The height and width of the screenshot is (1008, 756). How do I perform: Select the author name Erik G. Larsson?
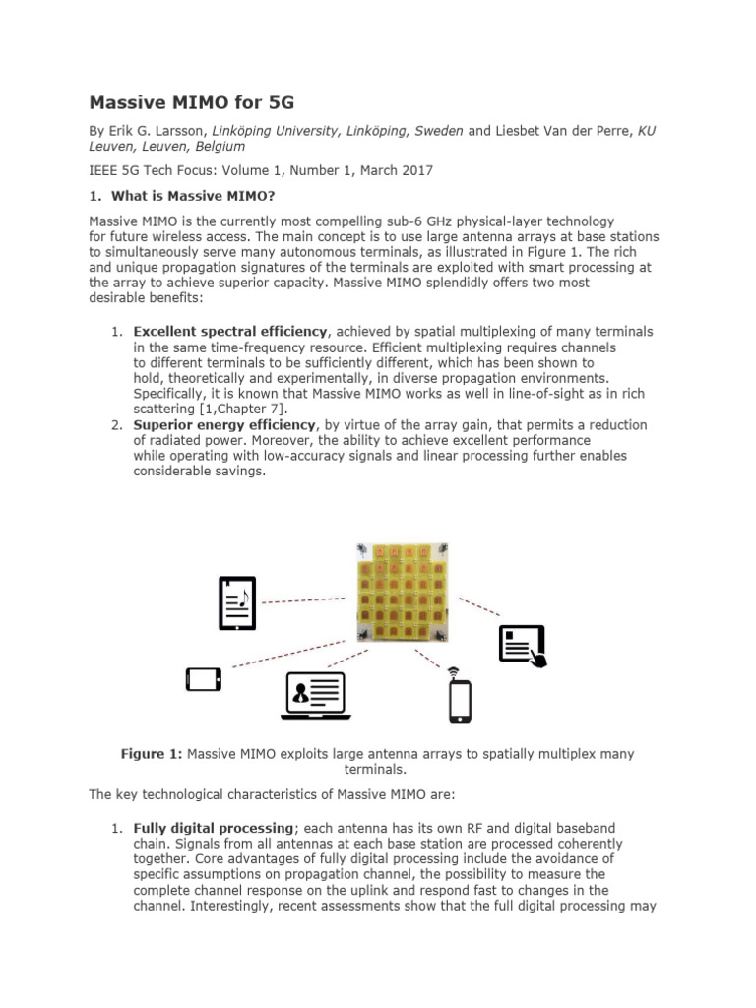(x=157, y=129)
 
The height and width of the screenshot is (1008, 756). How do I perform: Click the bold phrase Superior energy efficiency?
(x=225, y=424)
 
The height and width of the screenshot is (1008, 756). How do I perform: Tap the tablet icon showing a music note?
(x=236, y=602)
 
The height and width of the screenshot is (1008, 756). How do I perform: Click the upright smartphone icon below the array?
(x=460, y=700)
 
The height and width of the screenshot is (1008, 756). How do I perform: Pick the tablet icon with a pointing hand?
(x=523, y=646)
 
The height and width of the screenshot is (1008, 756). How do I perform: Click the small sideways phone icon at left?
(x=203, y=679)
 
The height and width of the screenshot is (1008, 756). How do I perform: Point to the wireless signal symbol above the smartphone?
(x=454, y=672)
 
